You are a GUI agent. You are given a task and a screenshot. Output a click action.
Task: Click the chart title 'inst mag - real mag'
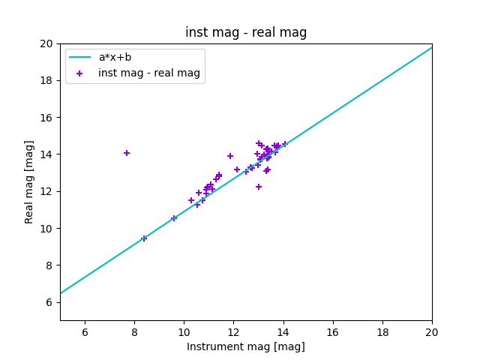point(246,32)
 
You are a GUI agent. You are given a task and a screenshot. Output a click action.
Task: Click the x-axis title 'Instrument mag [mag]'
point(246,346)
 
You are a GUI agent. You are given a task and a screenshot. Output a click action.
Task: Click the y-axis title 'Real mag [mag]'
point(30,182)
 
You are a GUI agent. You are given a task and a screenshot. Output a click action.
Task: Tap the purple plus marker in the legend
point(80,73)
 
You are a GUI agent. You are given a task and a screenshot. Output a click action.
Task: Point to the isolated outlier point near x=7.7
point(127,153)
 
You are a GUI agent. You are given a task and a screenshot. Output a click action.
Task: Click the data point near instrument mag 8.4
point(144,238)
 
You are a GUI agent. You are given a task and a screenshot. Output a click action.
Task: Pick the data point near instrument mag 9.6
point(174,218)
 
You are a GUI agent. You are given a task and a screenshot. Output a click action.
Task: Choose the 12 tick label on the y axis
point(47,191)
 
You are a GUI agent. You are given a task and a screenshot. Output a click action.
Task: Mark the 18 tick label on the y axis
point(47,80)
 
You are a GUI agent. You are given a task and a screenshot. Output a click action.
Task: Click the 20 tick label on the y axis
point(47,43)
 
